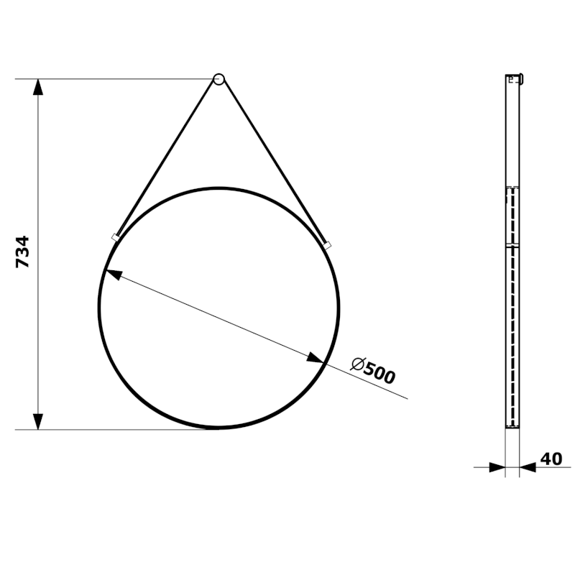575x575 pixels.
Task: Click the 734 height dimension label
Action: click(23, 252)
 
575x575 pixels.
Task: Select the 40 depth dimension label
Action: click(552, 459)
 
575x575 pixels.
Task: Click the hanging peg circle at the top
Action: click(218, 79)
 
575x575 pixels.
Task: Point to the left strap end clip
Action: click(115, 236)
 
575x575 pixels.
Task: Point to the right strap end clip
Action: click(328, 246)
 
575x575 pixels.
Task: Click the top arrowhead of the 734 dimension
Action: click(39, 87)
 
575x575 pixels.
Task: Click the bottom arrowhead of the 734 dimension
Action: click(39, 421)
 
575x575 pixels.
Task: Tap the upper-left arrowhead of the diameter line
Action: click(113, 275)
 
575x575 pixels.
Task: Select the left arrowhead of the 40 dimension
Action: click(497, 467)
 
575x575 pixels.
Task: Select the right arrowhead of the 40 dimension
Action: click(528, 467)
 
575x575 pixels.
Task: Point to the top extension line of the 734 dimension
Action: click(122, 79)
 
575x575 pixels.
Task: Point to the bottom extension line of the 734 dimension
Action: click(122, 430)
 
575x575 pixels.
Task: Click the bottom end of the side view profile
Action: click(512, 425)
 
